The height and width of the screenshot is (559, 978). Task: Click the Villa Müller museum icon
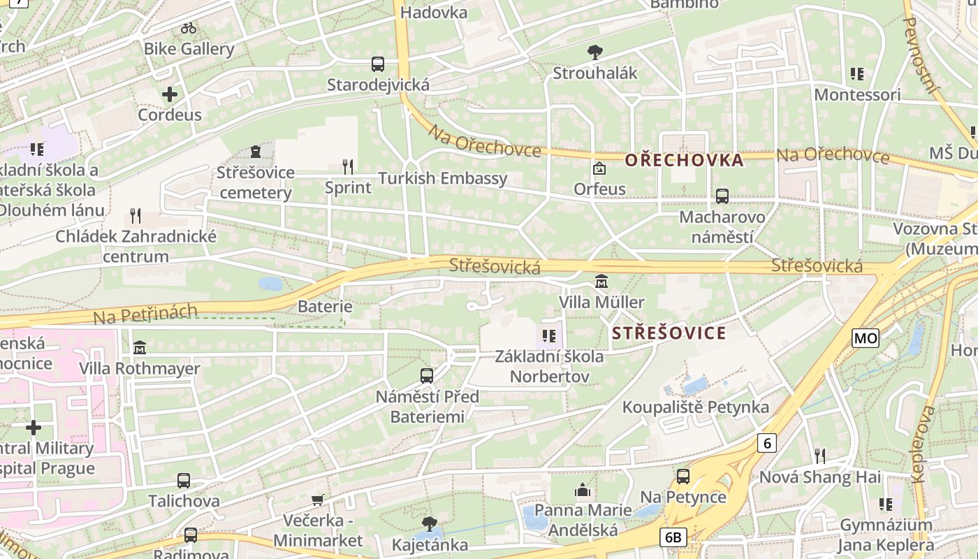click(x=601, y=282)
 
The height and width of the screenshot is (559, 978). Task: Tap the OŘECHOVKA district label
click(x=684, y=160)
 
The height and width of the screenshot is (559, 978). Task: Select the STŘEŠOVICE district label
click(x=669, y=333)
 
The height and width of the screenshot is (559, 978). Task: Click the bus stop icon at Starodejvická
click(x=378, y=64)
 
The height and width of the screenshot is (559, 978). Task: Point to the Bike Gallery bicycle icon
click(x=189, y=28)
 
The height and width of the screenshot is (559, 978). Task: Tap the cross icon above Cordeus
click(x=170, y=94)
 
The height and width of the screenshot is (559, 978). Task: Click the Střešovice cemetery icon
click(x=256, y=152)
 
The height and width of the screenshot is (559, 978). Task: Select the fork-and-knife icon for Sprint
click(x=348, y=166)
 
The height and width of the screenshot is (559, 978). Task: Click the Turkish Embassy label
click(x=443, y=178)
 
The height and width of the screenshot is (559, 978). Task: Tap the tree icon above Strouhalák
click(x=595, y=52)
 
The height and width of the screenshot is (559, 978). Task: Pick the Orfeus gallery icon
click(x=599, y=168)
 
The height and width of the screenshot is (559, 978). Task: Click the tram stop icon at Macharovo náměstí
click(x=722, y=196)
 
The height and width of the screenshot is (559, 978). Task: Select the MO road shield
click(x=866, y=338)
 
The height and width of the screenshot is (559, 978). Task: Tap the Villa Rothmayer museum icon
click(x=140, y=347)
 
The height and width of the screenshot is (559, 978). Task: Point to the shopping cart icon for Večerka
click(x=318, y=500)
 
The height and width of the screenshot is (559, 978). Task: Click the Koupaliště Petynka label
click(x=695, y=407)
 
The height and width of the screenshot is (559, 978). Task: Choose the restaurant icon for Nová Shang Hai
click(x=820, y=456)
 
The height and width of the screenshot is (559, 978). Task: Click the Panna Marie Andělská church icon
click(x=583, y=491)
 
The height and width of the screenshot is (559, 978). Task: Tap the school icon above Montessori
click(x=857, y=73)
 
